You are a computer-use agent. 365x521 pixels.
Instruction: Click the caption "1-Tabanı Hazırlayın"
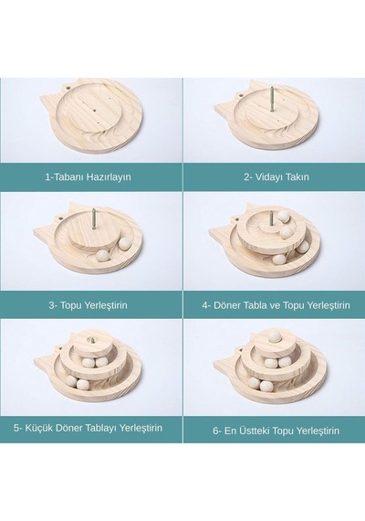pos(88,176)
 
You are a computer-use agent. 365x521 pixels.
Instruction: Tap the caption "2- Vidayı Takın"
pos(276,176)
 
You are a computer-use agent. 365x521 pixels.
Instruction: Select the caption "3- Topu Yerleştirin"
pos(88,305)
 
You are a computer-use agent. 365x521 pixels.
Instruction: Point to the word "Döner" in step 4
pos(227,305)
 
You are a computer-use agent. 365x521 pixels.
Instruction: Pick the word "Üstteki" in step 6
pos(255,431)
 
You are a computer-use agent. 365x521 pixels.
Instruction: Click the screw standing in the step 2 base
pos(271,99)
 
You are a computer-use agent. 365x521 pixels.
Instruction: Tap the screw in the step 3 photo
pos(94,218)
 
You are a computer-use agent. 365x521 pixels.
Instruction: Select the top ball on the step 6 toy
pos(275,337)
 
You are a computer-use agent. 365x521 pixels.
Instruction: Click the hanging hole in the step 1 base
pos(68,89)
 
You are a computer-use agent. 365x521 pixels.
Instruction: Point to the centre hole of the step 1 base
pos(94,110)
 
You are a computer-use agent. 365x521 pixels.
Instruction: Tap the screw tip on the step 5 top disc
pos(90,340)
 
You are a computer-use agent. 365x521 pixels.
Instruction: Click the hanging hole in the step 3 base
pos(62,218)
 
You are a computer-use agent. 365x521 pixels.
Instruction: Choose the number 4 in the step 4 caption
pos(204,305)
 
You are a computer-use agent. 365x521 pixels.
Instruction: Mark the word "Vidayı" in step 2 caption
pos(268,176)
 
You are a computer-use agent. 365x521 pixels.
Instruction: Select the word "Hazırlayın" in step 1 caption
pos(109,176)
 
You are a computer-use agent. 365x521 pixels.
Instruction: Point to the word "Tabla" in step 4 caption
pos(255,305)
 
